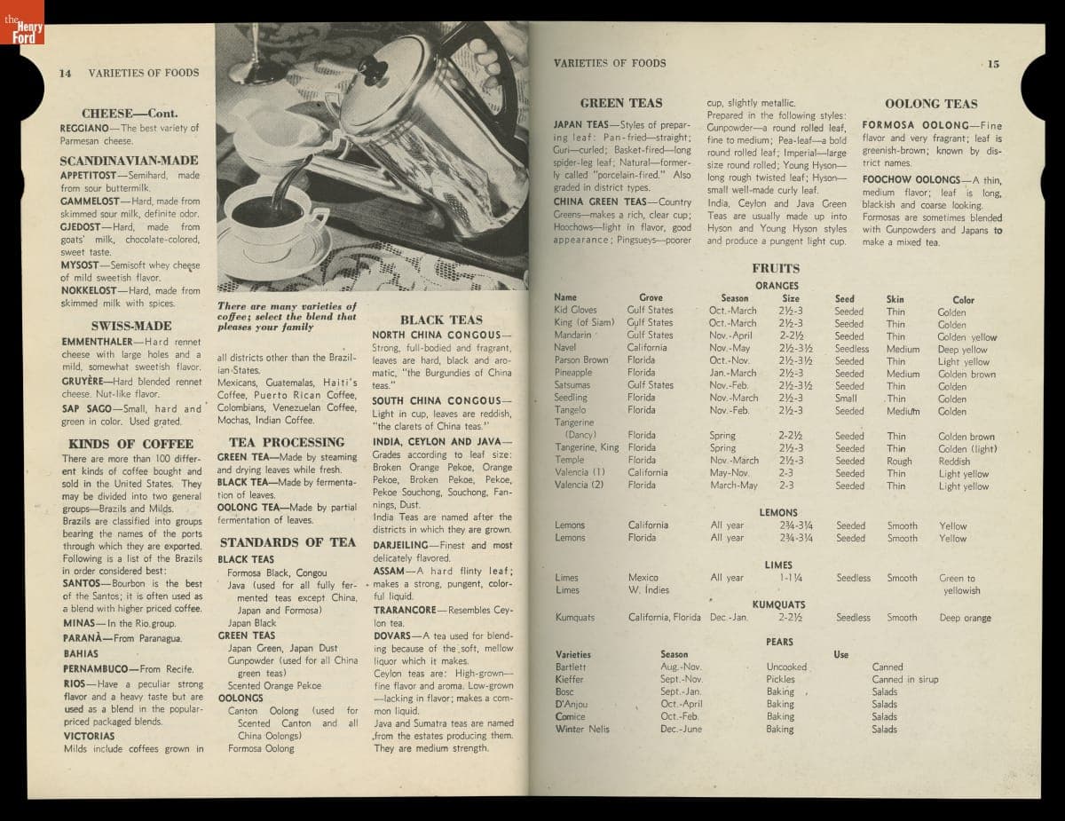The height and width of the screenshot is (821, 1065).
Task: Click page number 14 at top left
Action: [x=65, y=73]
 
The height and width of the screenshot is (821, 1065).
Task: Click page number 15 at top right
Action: [x=992, y=64]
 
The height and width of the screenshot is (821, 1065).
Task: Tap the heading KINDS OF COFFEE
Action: [x=130, y=444]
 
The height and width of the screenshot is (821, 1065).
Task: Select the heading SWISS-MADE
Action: [x=131, y=326]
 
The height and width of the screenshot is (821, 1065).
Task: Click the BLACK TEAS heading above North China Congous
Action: [x=441, y=320]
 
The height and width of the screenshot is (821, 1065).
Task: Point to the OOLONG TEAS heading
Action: [x=931, y=104]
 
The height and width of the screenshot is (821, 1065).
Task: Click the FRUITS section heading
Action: [x=776, y=268]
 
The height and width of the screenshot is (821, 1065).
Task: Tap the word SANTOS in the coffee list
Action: [x=80, y=584]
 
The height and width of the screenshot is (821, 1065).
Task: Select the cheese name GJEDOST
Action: [x=83, y=227]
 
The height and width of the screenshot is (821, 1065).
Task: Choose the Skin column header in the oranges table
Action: [x=895, y=299]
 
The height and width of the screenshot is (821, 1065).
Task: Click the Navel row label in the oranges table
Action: [x=564, y=348]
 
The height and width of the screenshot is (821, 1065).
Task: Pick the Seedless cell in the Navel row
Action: [x=852, y=349]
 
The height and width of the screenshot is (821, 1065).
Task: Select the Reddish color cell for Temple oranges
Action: [x=954, y=462]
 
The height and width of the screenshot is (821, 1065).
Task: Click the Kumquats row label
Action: [x=575, y=618]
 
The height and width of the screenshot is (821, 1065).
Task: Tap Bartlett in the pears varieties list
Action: [x=571, y=667]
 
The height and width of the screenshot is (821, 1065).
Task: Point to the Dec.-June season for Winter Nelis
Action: [x=681, y=729]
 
